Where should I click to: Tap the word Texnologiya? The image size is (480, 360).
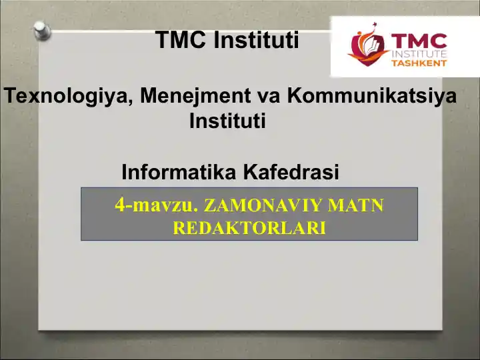69,96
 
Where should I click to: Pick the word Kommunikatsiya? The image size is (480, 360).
372,96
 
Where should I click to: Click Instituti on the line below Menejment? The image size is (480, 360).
227,122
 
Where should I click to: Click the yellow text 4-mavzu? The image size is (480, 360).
157,205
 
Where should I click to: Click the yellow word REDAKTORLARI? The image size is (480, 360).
249,229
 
